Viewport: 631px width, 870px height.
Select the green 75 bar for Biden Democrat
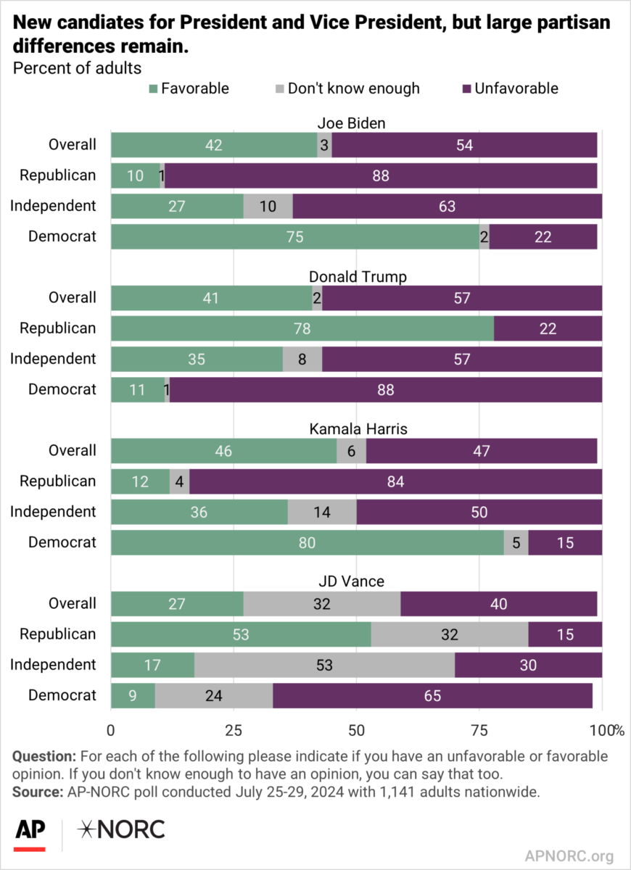[x=294, y=236]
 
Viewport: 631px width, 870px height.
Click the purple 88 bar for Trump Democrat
[x=385, y=389]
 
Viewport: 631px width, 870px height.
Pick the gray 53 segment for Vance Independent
[x=324, y=665]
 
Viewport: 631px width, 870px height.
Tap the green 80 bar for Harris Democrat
[x=307, y=542]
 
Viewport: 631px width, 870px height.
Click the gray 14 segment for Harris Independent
[x=321, y=512]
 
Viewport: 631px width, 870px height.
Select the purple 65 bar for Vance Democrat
[x=432, y=695]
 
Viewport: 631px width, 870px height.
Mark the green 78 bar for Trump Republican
[x=302, y=328]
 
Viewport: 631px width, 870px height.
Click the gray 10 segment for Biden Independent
[x=268, y=206]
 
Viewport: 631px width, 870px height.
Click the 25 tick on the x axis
[x=234, y=729]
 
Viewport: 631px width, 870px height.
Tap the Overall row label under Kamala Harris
[x=72, y=450]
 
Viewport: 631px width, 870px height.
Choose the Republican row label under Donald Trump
[x=57, y=328]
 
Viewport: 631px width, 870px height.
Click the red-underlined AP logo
[x=29, y=832]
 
